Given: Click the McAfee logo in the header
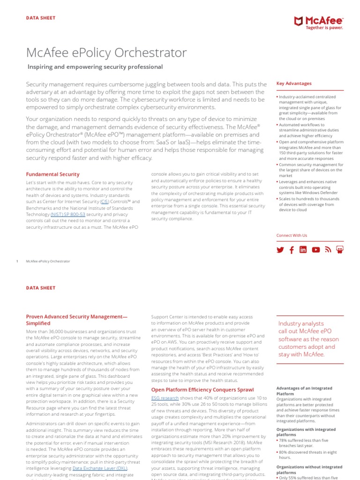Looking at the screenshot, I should point(317,21).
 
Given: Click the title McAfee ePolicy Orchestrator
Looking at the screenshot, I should point(106,52).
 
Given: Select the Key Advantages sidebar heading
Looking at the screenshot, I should point(294,83).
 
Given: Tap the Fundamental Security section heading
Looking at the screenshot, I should point(52,174).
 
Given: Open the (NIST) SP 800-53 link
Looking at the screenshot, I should point(68,214).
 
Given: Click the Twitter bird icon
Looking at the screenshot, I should point(280,250).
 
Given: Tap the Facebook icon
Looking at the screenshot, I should point(292,250).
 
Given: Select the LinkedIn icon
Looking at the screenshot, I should point(303,250).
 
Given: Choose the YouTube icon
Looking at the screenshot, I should point(316,250).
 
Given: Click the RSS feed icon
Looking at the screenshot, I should point(328,250).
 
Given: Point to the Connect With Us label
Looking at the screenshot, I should point(292,235).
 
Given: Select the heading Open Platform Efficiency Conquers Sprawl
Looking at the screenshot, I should point(202,390).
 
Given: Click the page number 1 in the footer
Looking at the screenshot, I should point(17,261).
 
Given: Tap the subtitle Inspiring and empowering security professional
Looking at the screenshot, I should point(95,67).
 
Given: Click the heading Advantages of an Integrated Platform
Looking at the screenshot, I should point(304,391).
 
